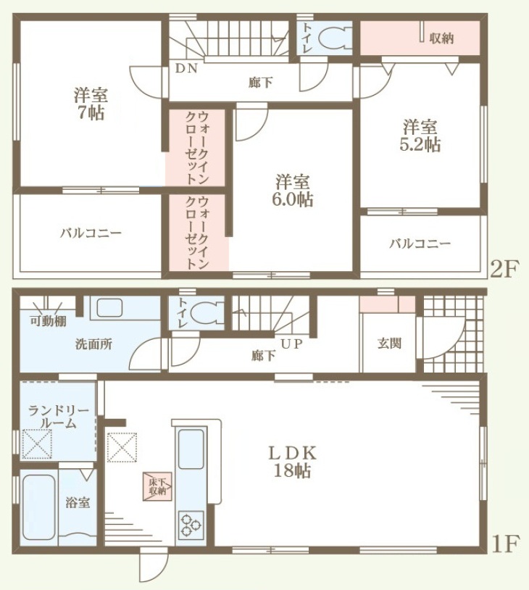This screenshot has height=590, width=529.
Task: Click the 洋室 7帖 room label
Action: [91, 104]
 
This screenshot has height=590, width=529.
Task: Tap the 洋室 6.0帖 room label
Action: [292, 191]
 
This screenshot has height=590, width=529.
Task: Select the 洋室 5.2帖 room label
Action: [420, 136]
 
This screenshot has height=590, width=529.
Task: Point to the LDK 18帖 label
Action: [292, 461]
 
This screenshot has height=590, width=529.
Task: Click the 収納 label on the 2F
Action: [441, 38]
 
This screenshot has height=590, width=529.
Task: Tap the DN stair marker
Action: [186, 68]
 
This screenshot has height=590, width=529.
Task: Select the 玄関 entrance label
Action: [389, 343]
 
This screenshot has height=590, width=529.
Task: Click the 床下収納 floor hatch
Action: [157, 486]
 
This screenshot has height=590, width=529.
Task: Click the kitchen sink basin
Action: [191, 449]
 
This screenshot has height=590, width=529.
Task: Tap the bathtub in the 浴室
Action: [39, 507]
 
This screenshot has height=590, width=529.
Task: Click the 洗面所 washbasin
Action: [109, 308]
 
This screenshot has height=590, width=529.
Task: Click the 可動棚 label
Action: [48, 321]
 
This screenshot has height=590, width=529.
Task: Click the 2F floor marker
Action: [504, 269]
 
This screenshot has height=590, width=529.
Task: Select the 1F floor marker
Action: [505, 543]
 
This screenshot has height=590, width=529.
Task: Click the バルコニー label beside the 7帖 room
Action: [91, 233]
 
